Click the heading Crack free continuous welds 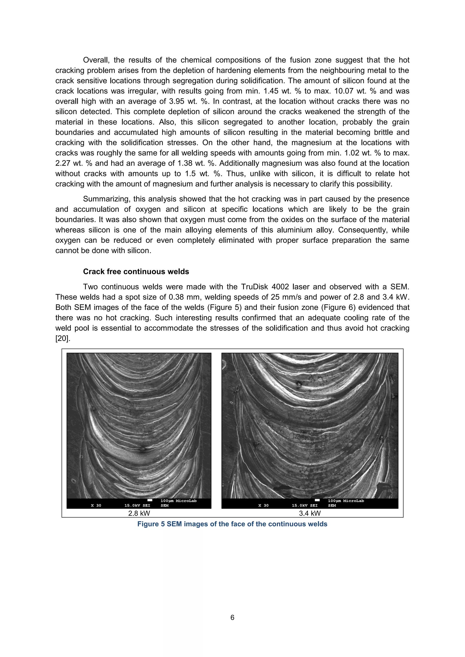pyautogui.click(x=136, y=272)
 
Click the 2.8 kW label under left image pyautogui.click(x=139, y=513)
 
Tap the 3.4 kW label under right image pyautogui.click(x=310, y=513)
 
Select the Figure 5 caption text pyautogui.click(x=232, y=524)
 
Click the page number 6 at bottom pyautogui.click(x=232, y=618)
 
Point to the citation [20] pyautogui.click(x=62, y=338)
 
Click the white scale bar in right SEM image pyautogui.click(x=317, y=500)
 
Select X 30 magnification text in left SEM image pyautogui.click(x=96, y=505)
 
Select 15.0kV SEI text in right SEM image pyautogui.click(x=305, y=505)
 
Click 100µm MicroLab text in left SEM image pyautogui.click(x=178, y=501)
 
